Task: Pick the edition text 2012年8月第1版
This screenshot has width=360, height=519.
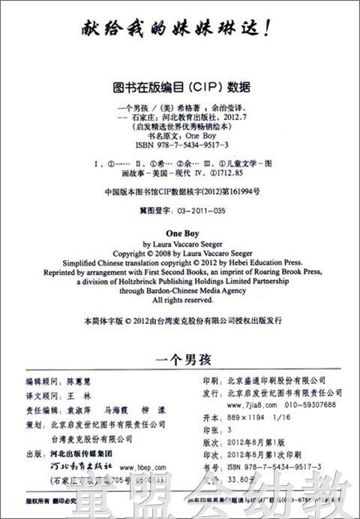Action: pos(259,442)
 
